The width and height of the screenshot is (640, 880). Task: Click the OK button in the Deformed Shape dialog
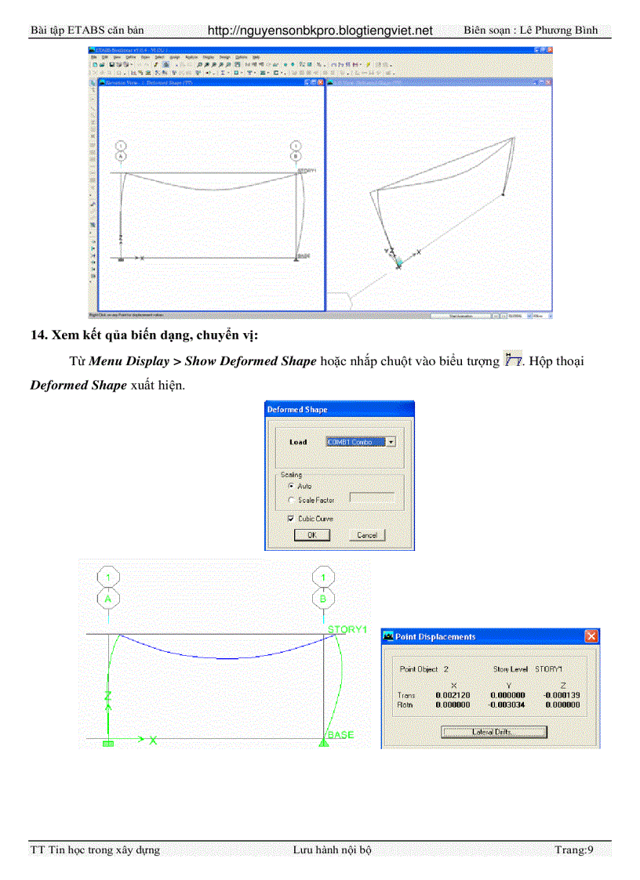[311, 535]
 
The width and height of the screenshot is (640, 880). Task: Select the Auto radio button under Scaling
[292, 486]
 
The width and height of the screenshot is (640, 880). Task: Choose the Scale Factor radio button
[292, 500]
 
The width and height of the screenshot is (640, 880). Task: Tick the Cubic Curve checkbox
[292, 519]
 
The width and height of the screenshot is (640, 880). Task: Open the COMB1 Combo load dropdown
[391, 442]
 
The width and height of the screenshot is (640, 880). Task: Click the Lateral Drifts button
[493, 732]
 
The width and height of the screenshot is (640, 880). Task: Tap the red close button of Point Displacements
[591, 636]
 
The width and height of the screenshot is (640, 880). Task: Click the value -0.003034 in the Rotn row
[507, 704]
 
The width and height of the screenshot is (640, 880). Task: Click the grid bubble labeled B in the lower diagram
[323, 599]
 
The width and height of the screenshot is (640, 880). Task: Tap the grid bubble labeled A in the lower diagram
[107, 599]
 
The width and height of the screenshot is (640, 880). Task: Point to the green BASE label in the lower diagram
[340, 735]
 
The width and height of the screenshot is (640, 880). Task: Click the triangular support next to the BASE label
[323, 741]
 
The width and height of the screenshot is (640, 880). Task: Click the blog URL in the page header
[320, 31]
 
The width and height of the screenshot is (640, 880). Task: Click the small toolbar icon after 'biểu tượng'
[513, 360]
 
